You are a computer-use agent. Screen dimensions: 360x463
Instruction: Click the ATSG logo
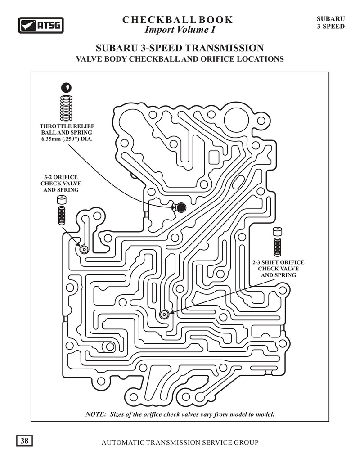[41, 25]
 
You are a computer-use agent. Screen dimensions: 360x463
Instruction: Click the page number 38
[24, 441]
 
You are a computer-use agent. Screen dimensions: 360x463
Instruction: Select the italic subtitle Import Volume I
[180, 30]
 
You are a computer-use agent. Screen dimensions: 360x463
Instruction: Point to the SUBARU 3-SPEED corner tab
[331, 22]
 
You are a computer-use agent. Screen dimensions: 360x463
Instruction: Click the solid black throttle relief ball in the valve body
[181, 207]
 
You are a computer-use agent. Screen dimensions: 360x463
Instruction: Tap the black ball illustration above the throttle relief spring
[67, 87]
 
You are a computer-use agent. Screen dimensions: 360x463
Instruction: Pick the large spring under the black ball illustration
[66, 108]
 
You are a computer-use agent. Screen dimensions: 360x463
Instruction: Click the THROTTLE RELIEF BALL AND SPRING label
[67, 132]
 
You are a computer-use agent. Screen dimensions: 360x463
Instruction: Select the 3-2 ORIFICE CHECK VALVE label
[61, 184]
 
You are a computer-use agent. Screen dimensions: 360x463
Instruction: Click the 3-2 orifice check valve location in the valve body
[84, 250]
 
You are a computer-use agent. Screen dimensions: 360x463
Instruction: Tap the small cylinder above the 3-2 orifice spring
[62, 201]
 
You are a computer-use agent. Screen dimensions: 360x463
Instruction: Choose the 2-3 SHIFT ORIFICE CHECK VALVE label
[278, 269]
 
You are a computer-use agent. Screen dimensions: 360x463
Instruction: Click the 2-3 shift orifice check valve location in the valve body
[164, 315]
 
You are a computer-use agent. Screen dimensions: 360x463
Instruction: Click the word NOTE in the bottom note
[95, 414]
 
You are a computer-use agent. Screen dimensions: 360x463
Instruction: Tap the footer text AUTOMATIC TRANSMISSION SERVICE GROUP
[180, 442]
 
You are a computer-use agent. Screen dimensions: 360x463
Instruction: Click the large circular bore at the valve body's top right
[237, 120]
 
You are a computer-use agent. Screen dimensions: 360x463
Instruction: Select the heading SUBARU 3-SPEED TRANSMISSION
[180, 48]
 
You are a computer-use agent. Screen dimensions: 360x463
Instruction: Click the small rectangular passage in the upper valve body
[214, 158]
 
